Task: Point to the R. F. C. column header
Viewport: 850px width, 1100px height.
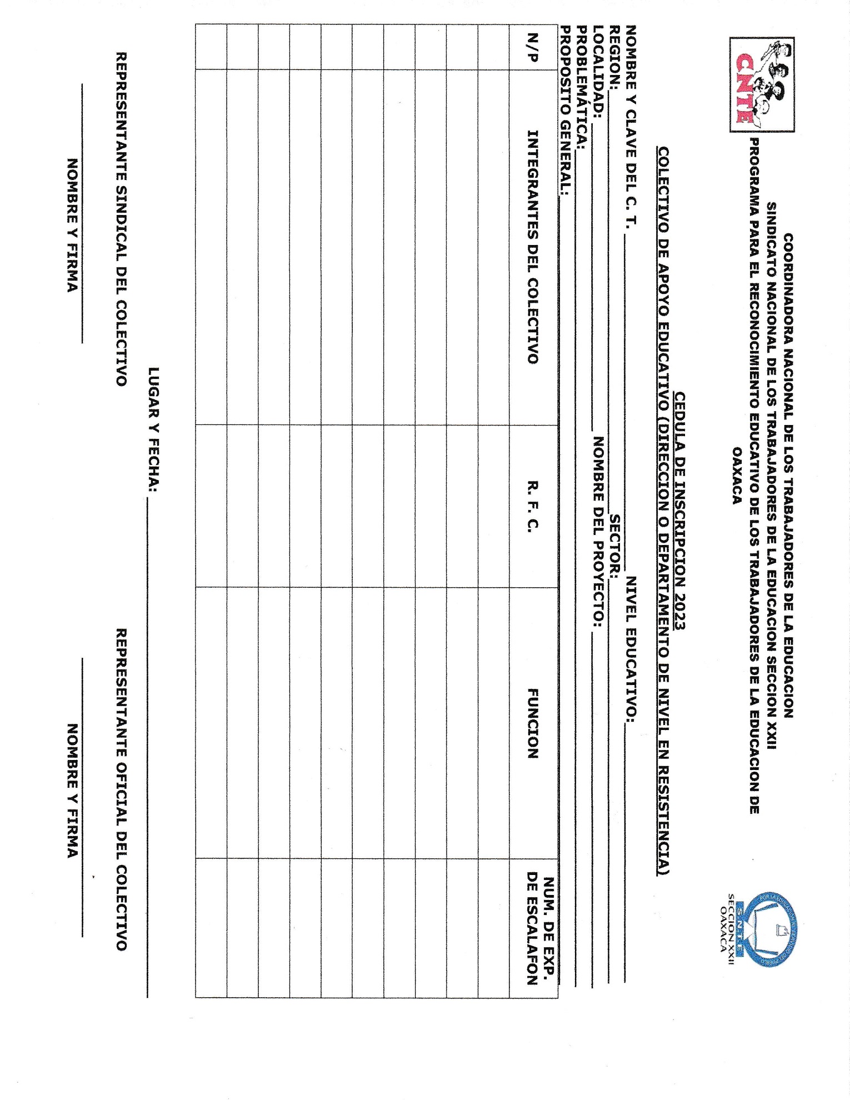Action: coord(533,506)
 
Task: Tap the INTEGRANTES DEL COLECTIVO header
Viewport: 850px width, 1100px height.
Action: coord(533,247)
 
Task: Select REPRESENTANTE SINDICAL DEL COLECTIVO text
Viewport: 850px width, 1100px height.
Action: coord(121,219)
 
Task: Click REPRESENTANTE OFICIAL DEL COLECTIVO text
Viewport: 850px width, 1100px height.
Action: coord(121,789)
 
